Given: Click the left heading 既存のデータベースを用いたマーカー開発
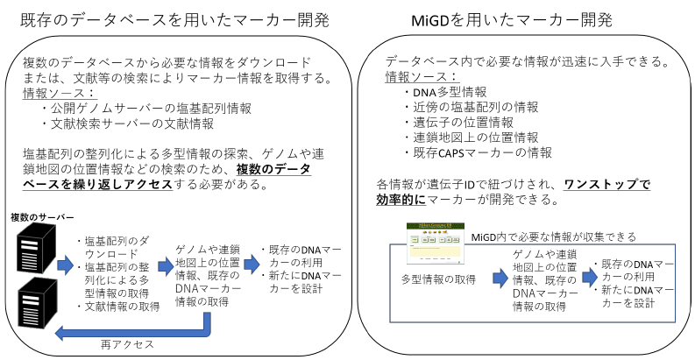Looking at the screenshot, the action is (174, 20).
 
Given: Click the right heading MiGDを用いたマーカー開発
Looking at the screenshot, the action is (512, 20).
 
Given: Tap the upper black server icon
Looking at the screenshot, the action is (36, 248).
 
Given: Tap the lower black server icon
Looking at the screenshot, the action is (38, 302).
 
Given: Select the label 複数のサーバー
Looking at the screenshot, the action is (42, 217).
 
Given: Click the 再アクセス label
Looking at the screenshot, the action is (127, 344).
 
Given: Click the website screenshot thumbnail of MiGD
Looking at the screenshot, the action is (436, 244).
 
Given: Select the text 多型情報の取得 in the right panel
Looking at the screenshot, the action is (438, 279).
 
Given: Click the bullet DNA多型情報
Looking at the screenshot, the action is (445, 92).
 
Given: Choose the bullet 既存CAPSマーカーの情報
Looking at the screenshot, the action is (478, 152).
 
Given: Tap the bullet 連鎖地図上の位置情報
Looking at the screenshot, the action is (472, 138).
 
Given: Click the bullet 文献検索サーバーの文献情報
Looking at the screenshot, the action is (128, 124).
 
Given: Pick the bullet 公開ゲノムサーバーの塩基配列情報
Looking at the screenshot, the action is (146, 108).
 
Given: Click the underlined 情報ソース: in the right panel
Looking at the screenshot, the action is (421, 77).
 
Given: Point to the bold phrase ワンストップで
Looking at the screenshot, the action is (606, 184).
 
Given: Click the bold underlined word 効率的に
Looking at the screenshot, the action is (401, 200).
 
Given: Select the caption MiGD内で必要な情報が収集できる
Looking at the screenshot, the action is (554, 237).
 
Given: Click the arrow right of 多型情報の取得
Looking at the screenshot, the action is (500, 278).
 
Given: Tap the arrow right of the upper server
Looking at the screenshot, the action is (65, 265).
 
